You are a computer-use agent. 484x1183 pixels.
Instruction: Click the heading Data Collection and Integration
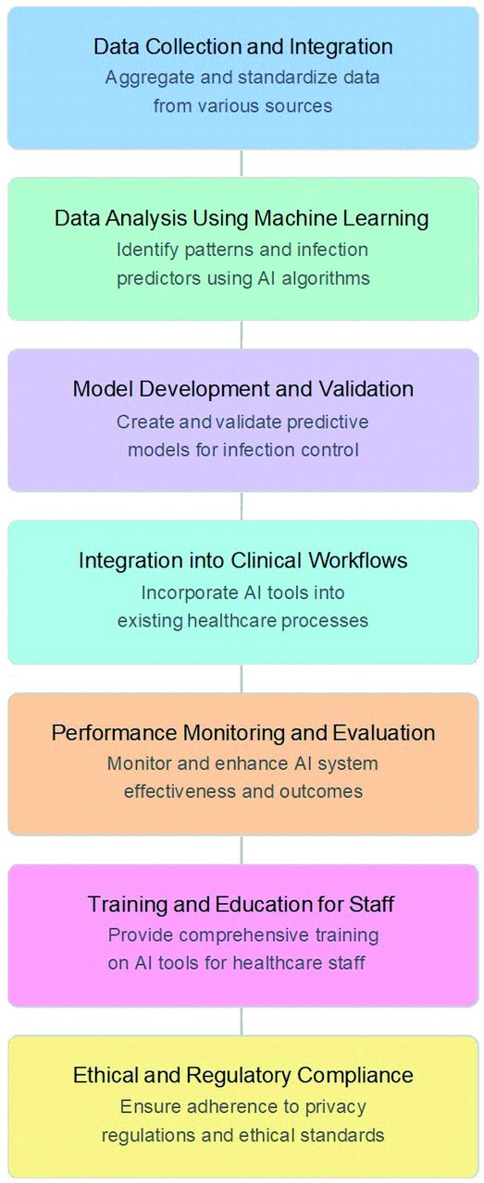(x=242, y=46)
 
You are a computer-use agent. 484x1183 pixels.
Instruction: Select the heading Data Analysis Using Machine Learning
(x=242, y=218)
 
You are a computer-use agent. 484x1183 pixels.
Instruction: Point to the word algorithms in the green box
(x=326, y=278)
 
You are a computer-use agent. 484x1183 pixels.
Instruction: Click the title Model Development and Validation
(x=242, y=389)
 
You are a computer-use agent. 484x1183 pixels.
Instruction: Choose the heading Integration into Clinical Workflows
(x=242, y=560)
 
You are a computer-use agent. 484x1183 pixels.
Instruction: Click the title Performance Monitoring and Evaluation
(x=243, y=733)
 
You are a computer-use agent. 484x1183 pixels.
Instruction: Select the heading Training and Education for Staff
(x=241, y=904)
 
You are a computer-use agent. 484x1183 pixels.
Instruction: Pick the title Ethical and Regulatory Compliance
(x=242, y=1075)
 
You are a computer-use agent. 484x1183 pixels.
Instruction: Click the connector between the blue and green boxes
(x=242, y=164)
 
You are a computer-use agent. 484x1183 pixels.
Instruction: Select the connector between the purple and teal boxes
(x=242, y=506)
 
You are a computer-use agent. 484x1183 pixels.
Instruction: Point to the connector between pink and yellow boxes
(x=242, y=1021)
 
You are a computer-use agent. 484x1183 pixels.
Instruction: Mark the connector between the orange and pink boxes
(x=242, y=849)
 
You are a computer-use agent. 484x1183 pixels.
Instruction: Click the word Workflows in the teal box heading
(x=358, y=560)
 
